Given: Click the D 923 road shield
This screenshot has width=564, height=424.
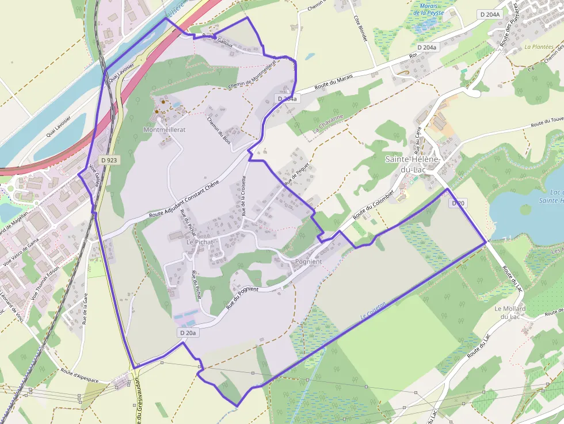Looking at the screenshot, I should click(108, 160).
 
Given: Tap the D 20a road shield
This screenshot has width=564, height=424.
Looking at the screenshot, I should click(188, 333).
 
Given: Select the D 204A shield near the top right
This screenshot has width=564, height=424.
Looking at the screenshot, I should click(490, 14).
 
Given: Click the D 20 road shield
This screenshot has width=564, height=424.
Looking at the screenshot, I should click(458, 203).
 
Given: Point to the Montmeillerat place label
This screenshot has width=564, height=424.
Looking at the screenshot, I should click(164, 131).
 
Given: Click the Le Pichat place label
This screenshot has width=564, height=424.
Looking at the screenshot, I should click(200, 242).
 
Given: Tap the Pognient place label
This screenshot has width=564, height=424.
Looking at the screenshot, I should click(308, 262).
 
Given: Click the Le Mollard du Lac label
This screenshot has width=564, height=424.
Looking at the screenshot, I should click(506, 312).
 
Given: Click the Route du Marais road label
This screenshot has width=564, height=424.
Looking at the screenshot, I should click(333, 85).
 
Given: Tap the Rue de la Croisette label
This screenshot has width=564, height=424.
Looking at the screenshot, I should click(244, 196).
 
